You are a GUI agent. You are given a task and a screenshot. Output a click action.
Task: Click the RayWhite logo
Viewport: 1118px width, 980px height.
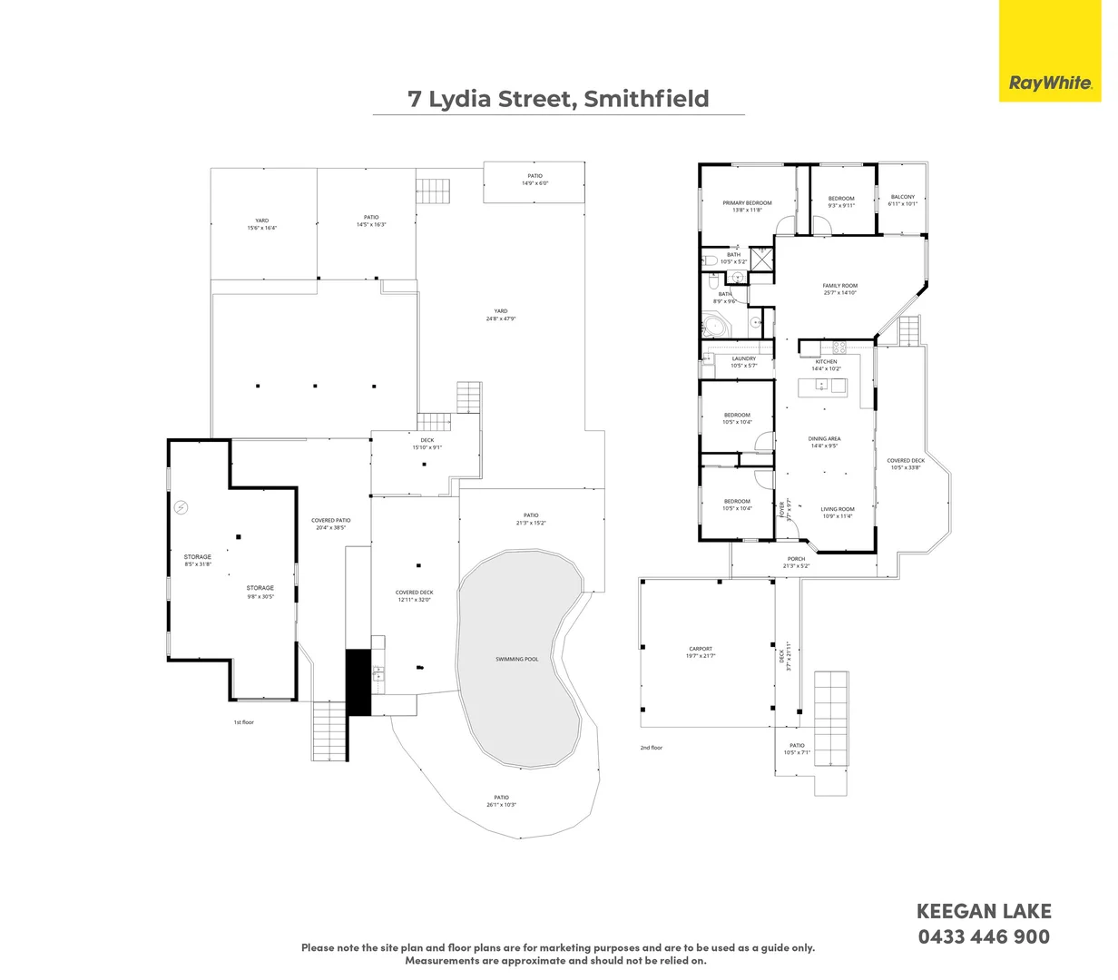tap(1050, 83)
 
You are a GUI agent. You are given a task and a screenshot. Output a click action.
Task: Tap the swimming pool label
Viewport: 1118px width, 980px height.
tap(516, 659)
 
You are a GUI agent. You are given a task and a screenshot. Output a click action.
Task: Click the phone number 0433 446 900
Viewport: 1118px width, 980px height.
tap(984, 936)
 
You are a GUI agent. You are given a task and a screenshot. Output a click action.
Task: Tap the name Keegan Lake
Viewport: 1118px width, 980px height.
tap(984, 911)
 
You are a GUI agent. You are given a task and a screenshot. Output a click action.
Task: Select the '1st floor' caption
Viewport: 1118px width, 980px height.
tap(244, 722)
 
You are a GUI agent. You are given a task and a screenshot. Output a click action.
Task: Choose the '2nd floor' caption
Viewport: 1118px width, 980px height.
tap(652, 748)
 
